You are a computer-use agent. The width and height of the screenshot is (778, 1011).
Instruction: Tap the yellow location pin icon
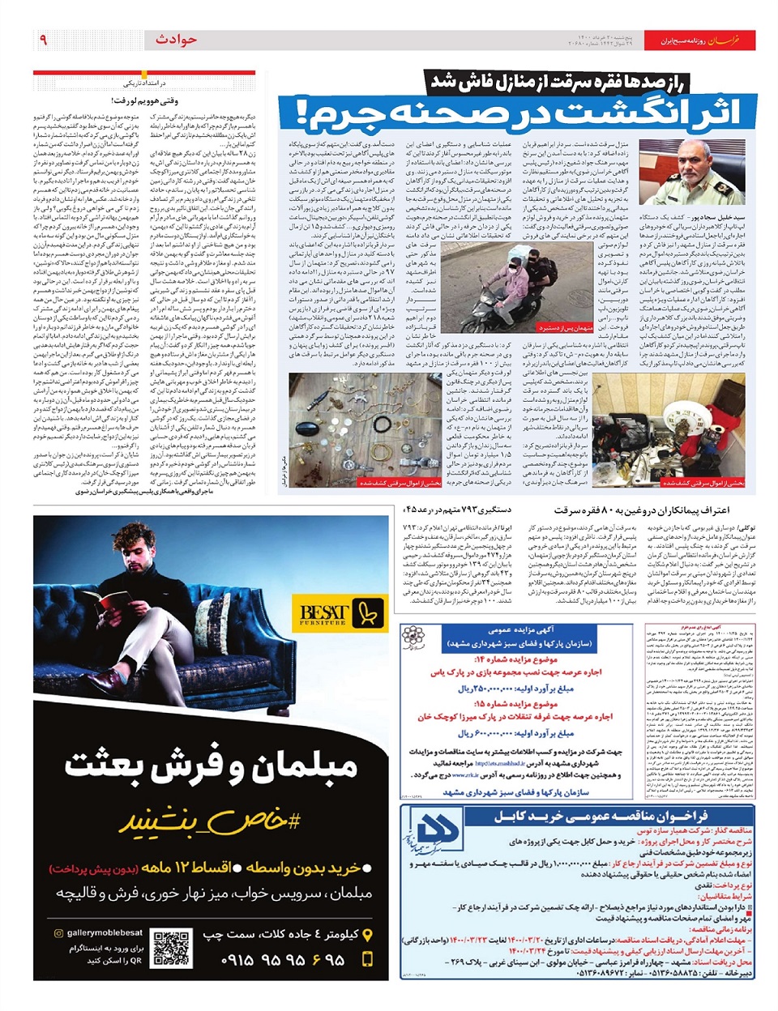pos(370,934)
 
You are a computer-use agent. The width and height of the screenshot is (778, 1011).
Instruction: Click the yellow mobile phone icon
pos(369,959)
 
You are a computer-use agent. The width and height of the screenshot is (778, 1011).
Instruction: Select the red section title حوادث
pos(176,40)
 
